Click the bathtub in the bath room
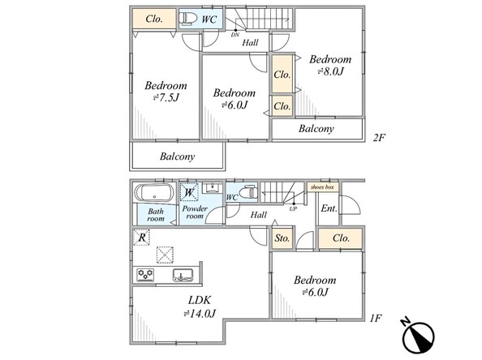coord(154,193)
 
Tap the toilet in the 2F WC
coord(187,19)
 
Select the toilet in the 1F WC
coord(248,193)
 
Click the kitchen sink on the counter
coord(183,275)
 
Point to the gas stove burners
coord(145,275)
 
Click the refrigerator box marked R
coord(141,238)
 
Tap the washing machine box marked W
coord(189,192)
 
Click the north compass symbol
coord(418,336)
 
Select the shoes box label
coord(322,186)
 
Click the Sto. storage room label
coord(282,238)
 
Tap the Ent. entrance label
coord(329,208)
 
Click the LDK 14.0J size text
coord(200,314)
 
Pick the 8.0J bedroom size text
coord(330,71)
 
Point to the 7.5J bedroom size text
coord(166,97)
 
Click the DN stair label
coord(235,35)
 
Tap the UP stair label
coord(293,209)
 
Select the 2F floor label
coord(379,138)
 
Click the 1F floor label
coord(376,318)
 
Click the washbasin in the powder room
coord(212,187)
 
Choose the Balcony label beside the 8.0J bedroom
coord(316,128)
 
